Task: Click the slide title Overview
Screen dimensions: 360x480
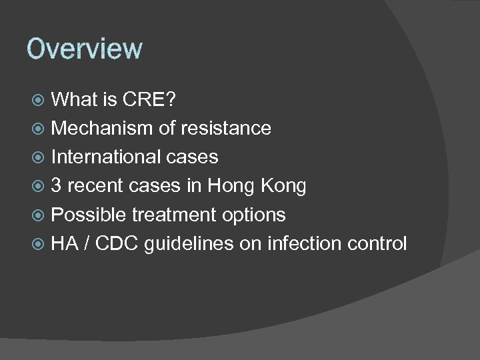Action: pyautogui.click(x=84, y=49)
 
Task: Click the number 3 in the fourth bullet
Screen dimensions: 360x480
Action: pyautogui.click(x=57, y=186)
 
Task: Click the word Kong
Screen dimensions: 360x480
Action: pyautogui.click(x=283, y=187)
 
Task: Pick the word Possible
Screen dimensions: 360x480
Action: pyautogui.click(x=88, y=215)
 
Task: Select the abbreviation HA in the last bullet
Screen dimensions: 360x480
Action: pyautogui.click(x=65, y=243)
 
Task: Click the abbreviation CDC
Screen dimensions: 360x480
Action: pyautogui.click(x=116, y=243)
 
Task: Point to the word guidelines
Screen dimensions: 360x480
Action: pyautogui.click(x=189, y=243)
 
